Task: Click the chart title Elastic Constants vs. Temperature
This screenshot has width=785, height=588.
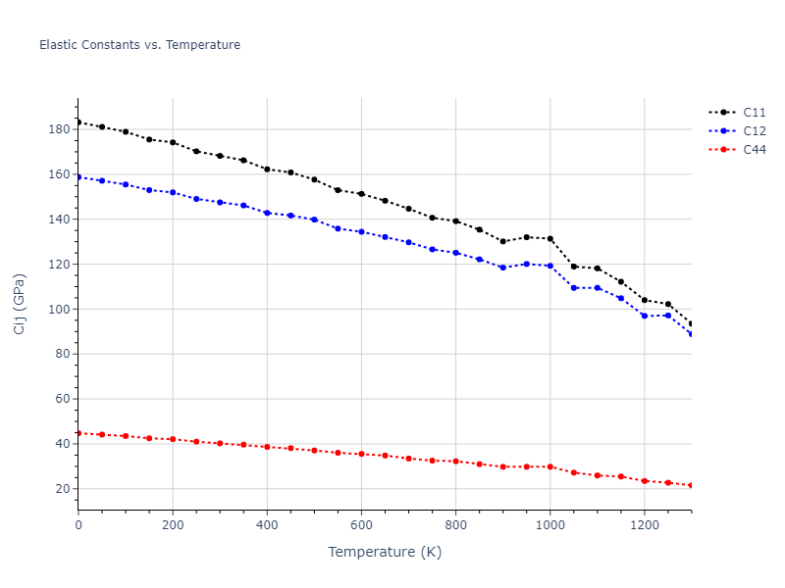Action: coord(139,45)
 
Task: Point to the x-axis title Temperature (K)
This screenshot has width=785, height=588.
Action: coord(385,552)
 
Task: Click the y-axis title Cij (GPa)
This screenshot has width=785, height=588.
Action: coord(20,304)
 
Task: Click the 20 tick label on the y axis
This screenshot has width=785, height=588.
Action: coord(61,489)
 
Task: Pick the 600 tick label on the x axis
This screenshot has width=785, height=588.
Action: coord(361,524)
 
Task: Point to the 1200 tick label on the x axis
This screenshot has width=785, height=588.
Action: coord(644,524)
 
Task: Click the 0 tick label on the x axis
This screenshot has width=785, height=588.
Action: coord(78,524)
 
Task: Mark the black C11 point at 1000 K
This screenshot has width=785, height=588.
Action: coord(549,239)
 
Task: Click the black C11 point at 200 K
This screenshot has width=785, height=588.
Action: coord(173,142)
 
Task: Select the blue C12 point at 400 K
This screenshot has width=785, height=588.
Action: coord(267,213)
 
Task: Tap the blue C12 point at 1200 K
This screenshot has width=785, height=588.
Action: coord(644,316)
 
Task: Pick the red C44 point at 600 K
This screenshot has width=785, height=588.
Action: coord(361,454)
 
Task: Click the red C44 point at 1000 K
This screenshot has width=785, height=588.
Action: coord(549,466)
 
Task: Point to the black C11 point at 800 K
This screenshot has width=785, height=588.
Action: coord(455,221)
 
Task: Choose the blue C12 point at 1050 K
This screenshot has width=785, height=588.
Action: coord(573,288)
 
